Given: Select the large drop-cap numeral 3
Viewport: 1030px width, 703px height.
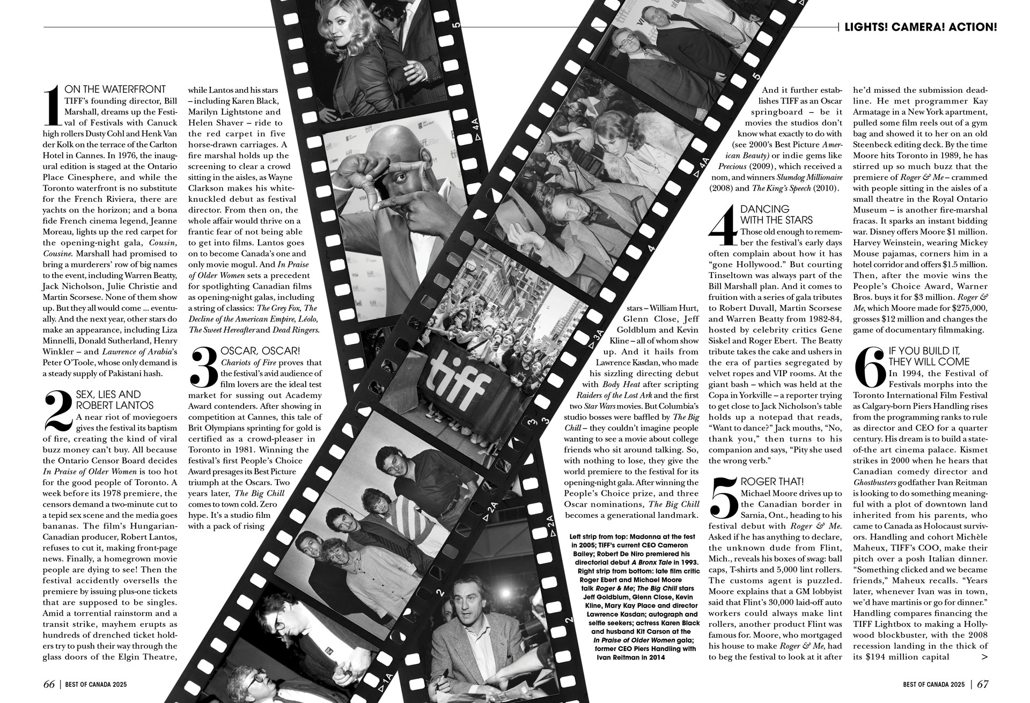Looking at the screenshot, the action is click(204, 367).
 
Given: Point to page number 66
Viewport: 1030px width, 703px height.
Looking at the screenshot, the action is click(49, 684).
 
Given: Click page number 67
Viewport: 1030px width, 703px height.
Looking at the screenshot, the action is click(983, 684).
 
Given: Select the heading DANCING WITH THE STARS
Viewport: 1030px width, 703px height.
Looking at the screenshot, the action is click(768, 214).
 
